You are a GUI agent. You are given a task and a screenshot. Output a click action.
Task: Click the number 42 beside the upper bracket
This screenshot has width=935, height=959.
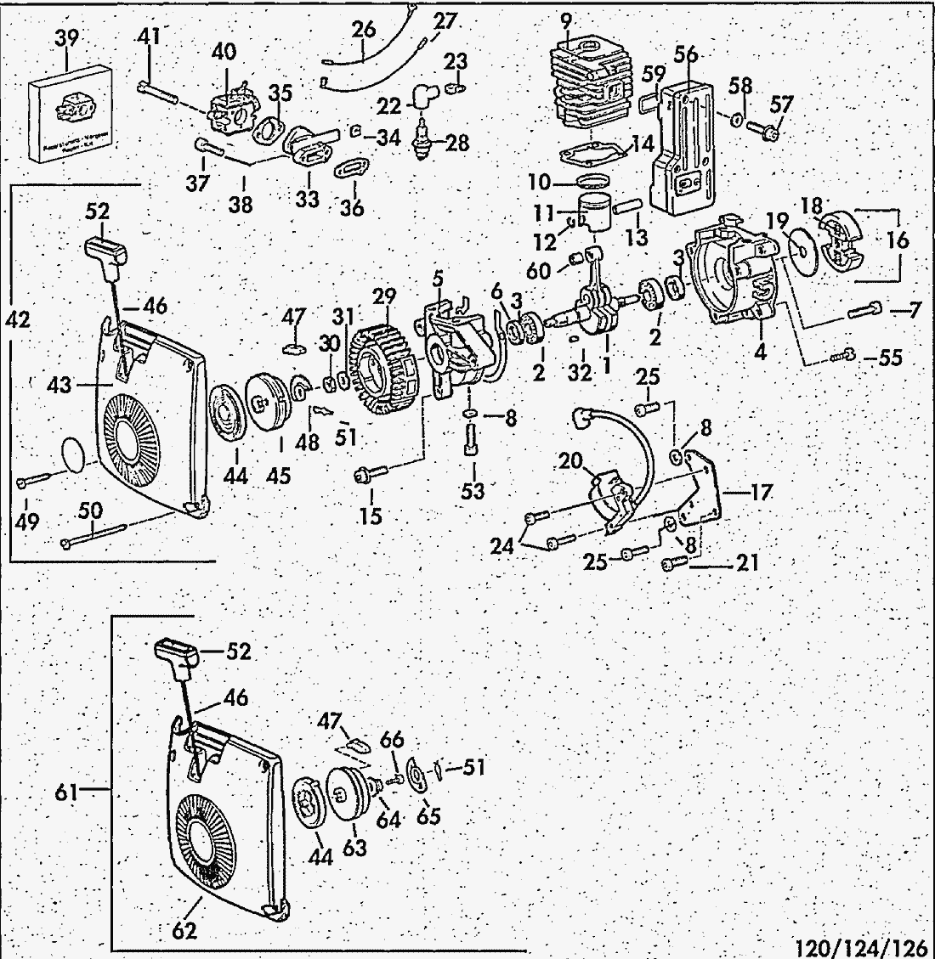coord(17,319)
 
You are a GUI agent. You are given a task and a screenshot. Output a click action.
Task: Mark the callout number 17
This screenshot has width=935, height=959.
coord(762,491)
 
